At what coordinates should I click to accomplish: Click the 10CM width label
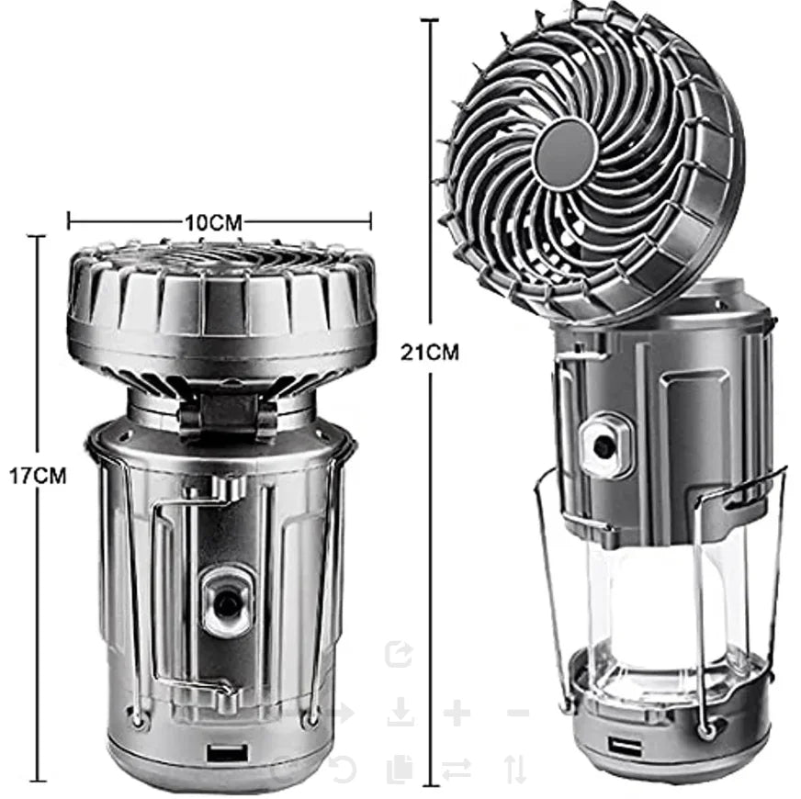(213, 221)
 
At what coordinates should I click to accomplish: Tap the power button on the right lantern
(604, 445)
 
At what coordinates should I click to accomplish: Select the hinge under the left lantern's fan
(228, 414)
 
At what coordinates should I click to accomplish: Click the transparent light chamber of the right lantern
(643, 606)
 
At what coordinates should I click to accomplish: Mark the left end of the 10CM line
(69, 220)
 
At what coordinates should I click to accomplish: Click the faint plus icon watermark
(457, 713)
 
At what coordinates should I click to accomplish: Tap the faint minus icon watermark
(517, 713)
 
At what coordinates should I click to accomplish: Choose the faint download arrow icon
(400, 713)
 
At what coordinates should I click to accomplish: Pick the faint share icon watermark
(400, 654)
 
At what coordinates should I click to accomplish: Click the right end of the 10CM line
(370, 220)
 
